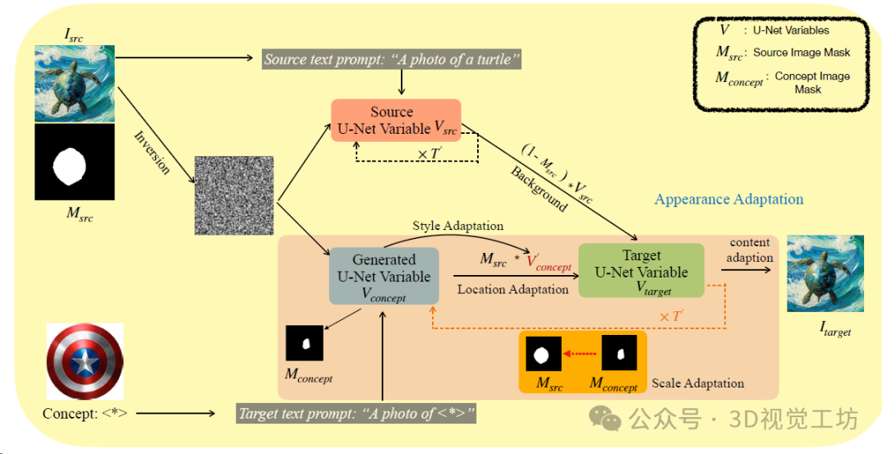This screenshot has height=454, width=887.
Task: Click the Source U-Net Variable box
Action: coord(395,120)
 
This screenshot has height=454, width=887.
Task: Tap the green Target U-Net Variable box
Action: coord(641,270)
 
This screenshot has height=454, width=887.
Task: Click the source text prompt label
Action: coord(392,59)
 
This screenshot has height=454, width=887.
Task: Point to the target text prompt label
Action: coord(356,414)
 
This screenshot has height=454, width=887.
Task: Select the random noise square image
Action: coord(233,195)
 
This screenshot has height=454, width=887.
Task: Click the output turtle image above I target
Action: coord(825,273)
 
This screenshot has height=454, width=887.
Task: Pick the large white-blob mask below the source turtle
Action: coord(75,163)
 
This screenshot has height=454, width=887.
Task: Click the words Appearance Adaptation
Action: coord(728,199)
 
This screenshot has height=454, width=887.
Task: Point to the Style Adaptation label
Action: coord(458,226)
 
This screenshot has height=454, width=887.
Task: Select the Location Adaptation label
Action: coord(512,289)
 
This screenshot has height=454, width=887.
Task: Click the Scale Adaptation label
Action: coord(698,383)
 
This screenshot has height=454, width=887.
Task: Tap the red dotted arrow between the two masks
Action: coord(581,355)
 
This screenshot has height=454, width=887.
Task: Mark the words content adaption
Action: coord(750,250)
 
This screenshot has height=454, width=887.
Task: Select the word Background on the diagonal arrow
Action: coord(539,189)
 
